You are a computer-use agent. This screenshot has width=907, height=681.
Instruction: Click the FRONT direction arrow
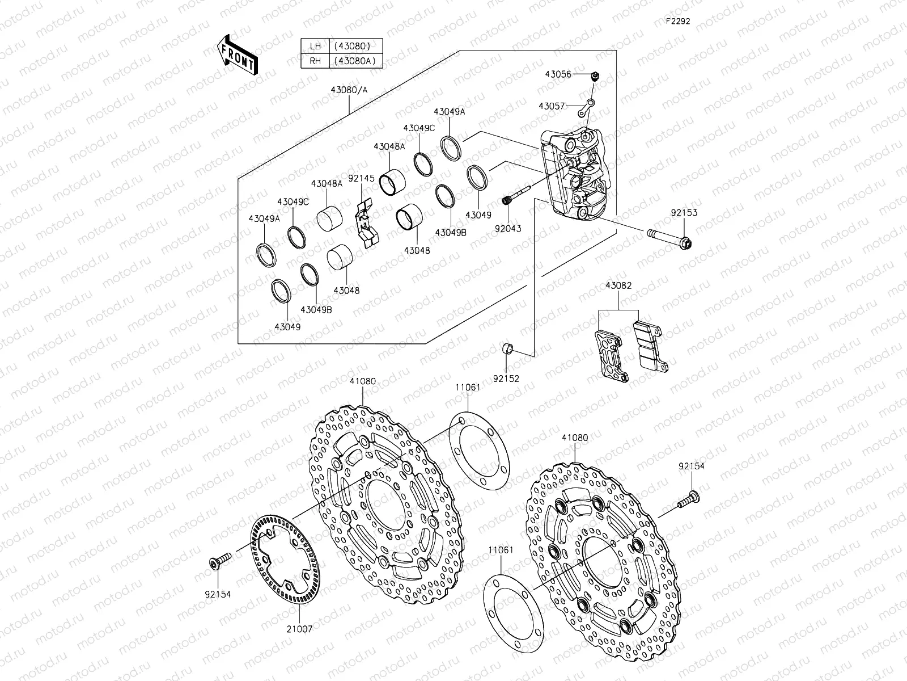point(236,55)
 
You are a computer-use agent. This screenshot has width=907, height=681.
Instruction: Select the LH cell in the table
point(315,47)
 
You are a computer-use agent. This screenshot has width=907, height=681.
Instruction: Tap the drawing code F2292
point(678,21)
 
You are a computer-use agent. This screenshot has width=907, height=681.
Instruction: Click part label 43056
point(558,74)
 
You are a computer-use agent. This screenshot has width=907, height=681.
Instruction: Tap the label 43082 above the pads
point(618,286)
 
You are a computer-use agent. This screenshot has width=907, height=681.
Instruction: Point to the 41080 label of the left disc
point(362,382)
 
